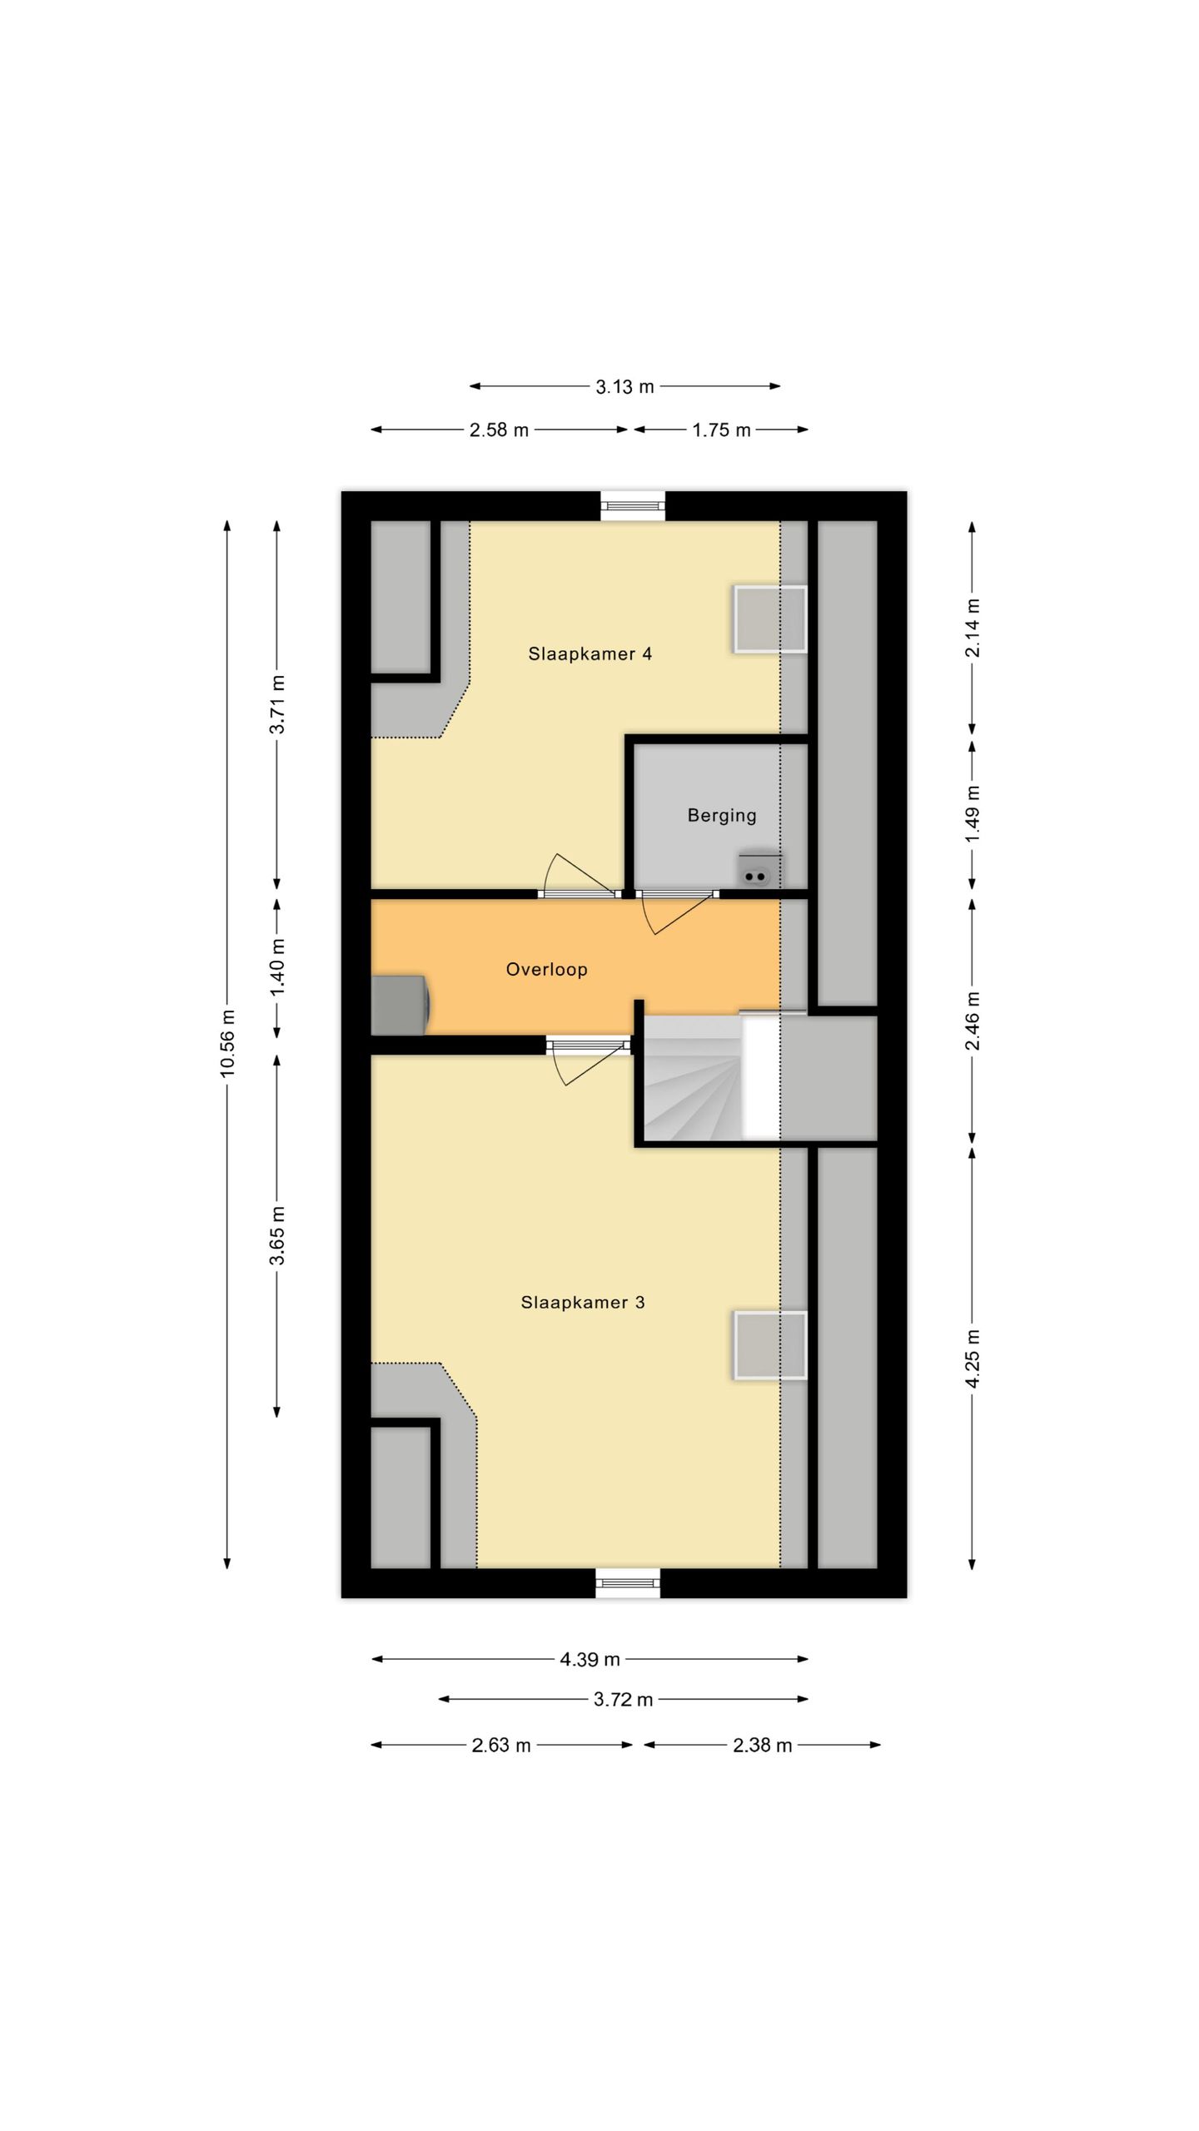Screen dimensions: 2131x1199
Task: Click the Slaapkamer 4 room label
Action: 590,653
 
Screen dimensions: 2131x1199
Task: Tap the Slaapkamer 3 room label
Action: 583,1302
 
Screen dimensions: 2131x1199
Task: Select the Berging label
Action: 721,815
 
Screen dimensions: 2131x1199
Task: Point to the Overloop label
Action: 546,969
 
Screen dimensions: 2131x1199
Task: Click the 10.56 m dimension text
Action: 227,1043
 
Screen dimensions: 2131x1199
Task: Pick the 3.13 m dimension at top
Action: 624,386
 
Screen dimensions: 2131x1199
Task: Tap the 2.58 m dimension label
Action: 499,430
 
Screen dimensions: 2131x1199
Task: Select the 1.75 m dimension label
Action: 721,430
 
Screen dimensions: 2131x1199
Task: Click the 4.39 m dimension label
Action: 590,1659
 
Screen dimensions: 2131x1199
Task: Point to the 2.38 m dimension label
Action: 762,1745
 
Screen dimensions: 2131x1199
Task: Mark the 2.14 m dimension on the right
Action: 972,628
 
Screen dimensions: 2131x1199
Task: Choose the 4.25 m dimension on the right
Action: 972,1359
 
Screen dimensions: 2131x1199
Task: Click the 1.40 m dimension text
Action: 277,967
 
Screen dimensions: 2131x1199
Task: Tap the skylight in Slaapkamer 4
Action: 769,619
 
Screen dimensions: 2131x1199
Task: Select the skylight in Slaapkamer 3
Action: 769,1345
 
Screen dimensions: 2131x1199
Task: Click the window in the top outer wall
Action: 633,505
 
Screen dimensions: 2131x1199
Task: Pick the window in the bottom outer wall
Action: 628,1582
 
